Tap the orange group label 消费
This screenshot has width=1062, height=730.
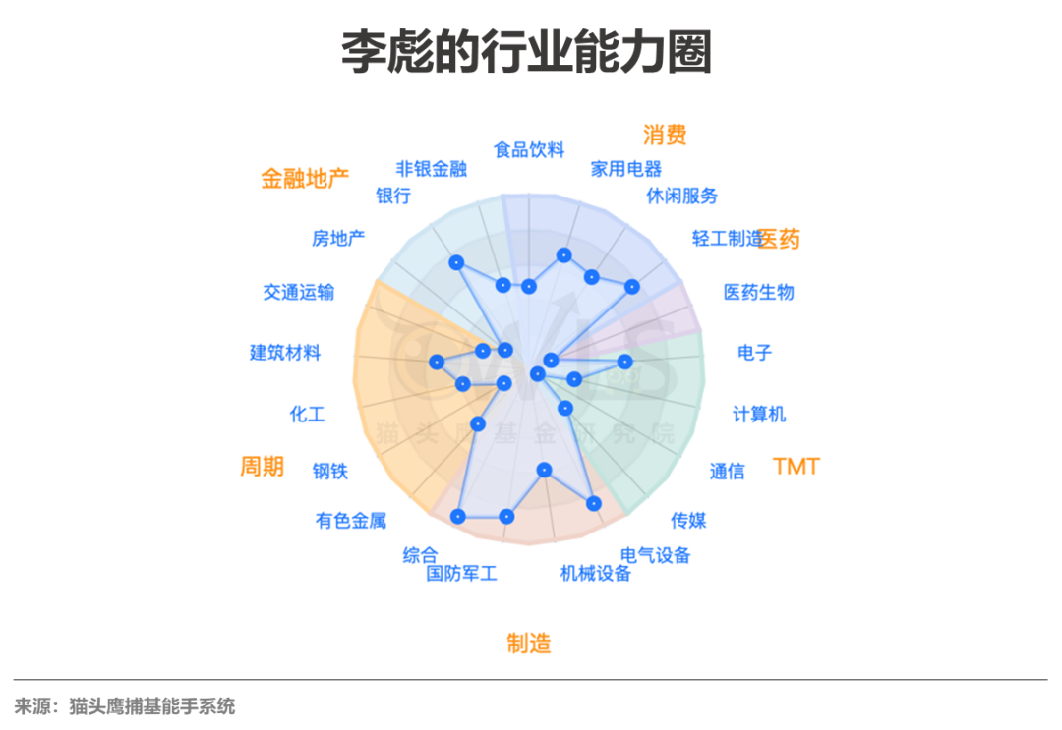pos(665,134)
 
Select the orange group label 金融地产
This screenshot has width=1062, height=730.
pos(305,179)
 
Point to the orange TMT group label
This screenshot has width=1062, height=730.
pos(796,467)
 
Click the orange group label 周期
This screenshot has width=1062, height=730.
pos(262,467)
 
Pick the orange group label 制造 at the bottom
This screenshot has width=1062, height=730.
pos(529,644)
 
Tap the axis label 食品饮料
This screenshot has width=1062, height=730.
pos(529,150)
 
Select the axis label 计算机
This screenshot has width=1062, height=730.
pos(759,414)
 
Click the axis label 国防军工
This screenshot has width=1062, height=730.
pos(462,573)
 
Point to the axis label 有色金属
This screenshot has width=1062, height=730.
pos(351,521)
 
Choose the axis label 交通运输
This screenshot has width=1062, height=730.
pos(299,292)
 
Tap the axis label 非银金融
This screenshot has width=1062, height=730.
pos(432,168)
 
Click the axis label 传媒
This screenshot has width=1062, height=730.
pos(688,520)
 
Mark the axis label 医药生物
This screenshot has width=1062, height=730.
pos(758,292)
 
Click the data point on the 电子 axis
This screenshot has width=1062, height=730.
pos(622,361)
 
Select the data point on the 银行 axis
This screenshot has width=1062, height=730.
pos(455,262)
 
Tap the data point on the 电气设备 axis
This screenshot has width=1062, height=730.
pos(593,503)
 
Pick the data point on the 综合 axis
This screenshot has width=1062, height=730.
pos(457,516)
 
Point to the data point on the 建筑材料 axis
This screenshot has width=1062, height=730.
pos(437,363)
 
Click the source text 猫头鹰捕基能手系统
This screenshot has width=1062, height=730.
pos(151,706)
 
